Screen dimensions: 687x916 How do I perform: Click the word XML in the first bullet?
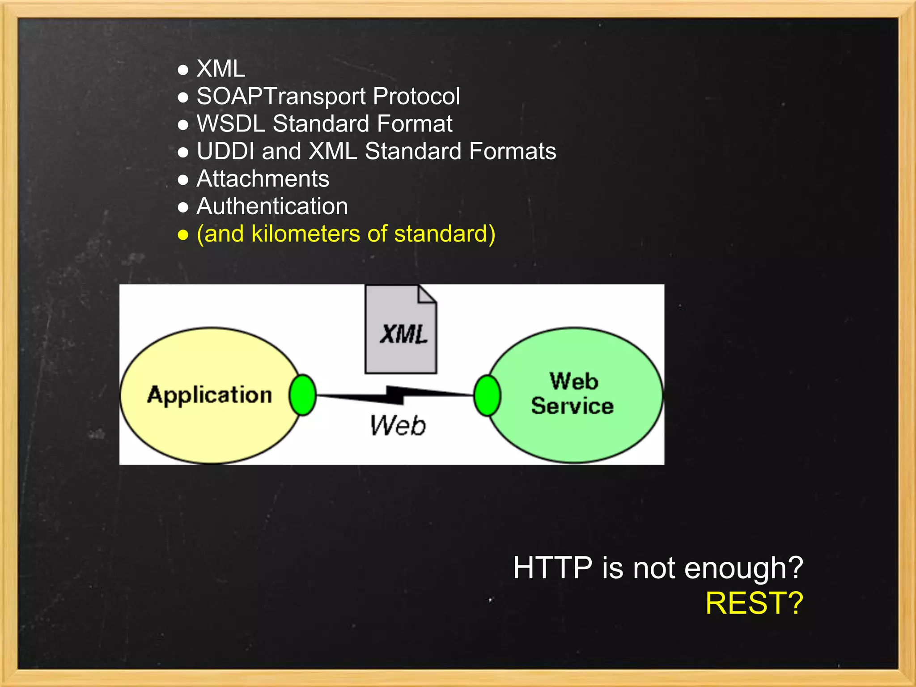coord(221,69)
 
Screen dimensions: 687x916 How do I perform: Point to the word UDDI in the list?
coord(225,151)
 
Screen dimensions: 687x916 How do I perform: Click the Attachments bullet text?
coord(263,179)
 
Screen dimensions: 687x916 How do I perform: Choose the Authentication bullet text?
coord(272,206)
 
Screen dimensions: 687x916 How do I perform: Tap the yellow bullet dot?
coord(183,235)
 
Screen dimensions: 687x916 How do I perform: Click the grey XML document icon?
coord(401,330)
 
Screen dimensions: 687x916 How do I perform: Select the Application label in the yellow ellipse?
coord(209,395)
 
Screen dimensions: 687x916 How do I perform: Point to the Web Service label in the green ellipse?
coord(573,394)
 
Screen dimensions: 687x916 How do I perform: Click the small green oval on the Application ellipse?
coord(303,395)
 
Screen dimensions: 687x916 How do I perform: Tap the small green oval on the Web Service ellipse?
coord(487,395)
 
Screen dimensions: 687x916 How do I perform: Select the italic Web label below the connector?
coord(398,425)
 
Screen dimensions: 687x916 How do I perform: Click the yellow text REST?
coord(754,603)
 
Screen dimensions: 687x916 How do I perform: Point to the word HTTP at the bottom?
coord(552,568)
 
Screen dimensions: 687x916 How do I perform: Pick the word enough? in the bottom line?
coord(743,568)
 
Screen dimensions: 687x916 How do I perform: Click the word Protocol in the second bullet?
coord(416,97)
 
